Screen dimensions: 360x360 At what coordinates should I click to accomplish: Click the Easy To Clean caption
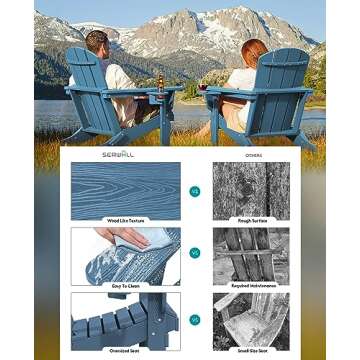tap(126, 283)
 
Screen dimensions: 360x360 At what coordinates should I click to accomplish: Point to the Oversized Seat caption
tap(126, 348)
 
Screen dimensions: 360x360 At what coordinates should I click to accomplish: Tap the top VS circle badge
tap(194, 191)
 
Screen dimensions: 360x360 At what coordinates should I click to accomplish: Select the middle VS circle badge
tap(194, 255)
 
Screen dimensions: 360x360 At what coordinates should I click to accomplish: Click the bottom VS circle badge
tap(194, 319)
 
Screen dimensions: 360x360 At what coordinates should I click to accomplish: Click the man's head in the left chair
tap(95, 43)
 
